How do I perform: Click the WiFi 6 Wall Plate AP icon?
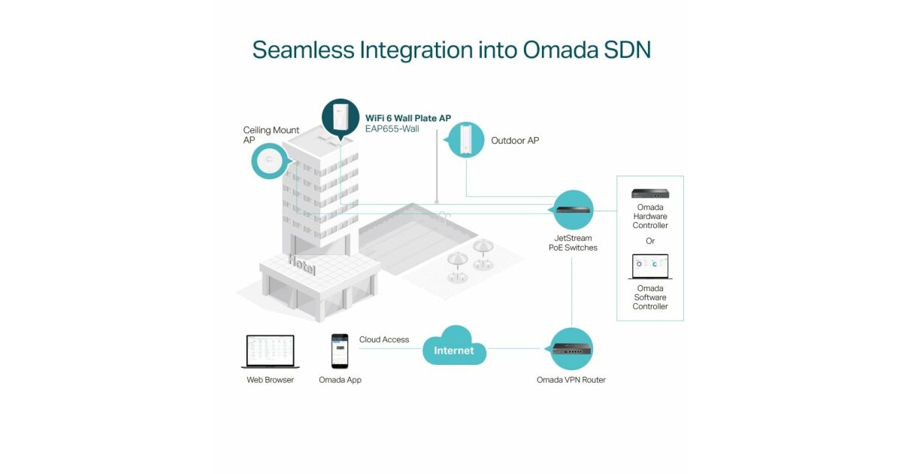(x=341, y=117)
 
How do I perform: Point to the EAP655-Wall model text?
(x=392, y=129)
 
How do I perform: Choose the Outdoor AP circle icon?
(x=466, y=140)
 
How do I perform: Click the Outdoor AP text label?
(x=515, y=141)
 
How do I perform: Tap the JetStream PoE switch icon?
(x=574, y=209)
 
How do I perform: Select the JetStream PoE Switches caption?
(x=573, y=243)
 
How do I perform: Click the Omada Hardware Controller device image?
(x=650, y=193)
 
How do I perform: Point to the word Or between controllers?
(x=650, y=241)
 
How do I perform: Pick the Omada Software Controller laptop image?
(x=650, y=267)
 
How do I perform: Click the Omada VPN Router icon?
(x=572, y=348)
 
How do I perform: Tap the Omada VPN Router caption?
(x=571, y=380)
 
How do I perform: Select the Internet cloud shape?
(x=455, y=348)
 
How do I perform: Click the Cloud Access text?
(x=384, y=340)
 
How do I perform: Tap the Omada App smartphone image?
(x=340, y=351)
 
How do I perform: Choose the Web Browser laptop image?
(x=270, y=351)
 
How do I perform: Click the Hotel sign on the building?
(x=301, y=265)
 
